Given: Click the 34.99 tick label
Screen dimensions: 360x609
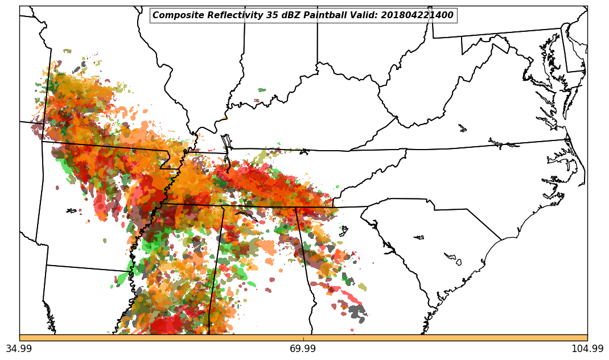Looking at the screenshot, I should click(19, 349).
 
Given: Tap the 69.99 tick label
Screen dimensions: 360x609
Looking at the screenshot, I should click(303, 349).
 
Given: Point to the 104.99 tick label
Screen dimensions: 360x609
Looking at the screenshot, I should click(587, 349).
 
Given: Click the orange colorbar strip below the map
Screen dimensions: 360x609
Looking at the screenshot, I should click(303, 338).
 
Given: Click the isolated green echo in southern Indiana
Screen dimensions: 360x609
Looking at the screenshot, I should click(262, 90).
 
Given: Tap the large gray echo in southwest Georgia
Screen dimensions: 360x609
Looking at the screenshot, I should click(357, 311).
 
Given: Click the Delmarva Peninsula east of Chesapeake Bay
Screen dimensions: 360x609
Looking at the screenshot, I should click(569, 85).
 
